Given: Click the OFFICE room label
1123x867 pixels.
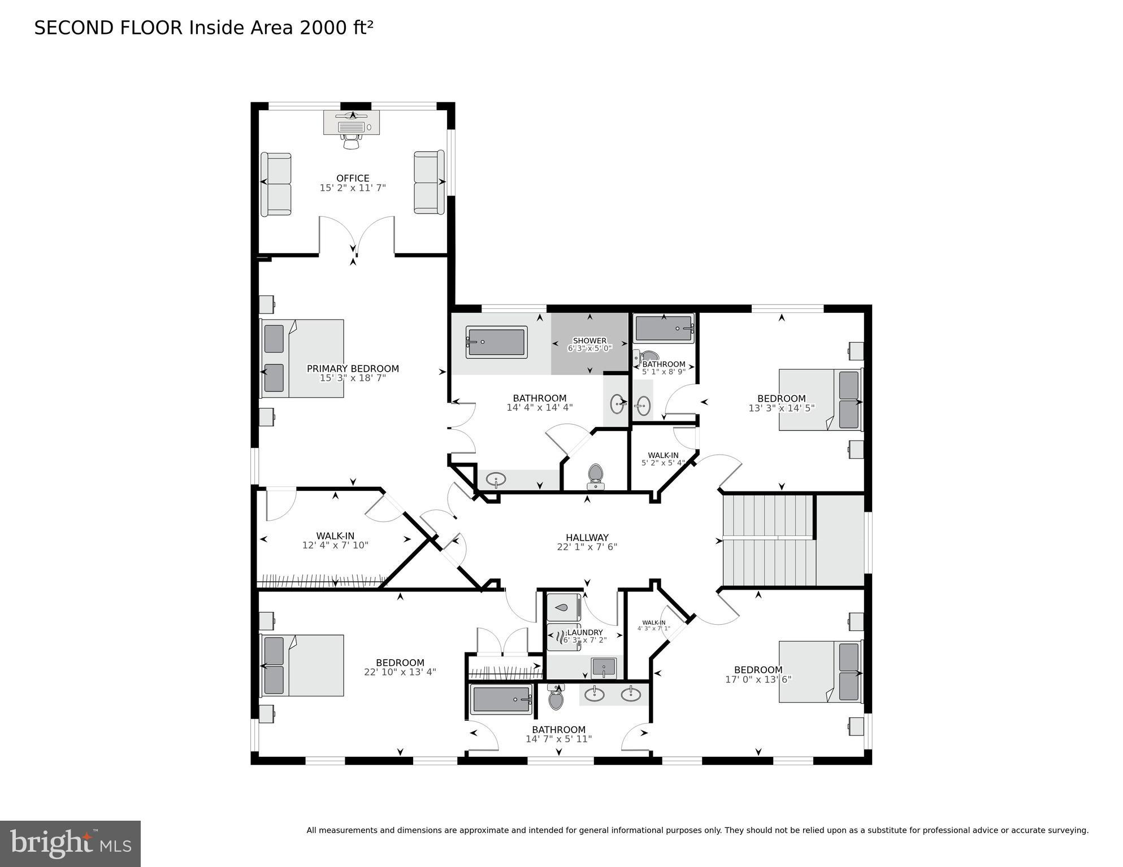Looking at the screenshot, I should (353, 178).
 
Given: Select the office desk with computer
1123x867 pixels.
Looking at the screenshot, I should (351, 123).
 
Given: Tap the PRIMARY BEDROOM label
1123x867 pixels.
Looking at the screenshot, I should (353, 368).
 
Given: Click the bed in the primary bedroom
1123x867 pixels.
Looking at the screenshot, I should (302, 358).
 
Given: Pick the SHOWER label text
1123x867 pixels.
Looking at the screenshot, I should (589, 341).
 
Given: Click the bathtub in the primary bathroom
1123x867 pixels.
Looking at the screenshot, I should (496, 342).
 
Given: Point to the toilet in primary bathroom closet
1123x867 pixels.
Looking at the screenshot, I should (595, 476).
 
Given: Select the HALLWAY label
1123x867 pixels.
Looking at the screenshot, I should (587, 538).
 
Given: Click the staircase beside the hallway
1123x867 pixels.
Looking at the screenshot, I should (769, 541).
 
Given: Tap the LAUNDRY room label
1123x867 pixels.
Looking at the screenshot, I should (585, 632).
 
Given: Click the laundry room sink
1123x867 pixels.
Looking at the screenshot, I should (604, 667).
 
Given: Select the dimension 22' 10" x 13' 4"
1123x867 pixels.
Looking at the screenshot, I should (400, 672).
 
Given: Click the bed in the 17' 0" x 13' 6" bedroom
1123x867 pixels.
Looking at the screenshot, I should (820, 672).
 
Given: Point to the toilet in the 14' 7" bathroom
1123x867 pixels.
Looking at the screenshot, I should (556, 698).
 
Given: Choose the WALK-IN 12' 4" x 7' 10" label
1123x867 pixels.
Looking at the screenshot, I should (335, 536).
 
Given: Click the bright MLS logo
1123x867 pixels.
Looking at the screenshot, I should (70, 843).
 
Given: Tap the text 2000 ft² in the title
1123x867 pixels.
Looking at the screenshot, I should (336, 28).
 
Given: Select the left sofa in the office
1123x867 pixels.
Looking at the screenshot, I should (276, 184).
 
